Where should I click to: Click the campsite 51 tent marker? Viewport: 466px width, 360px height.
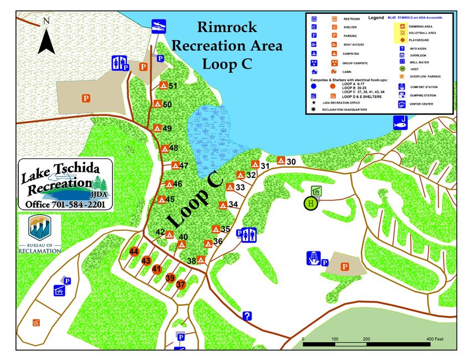click(x=163, y=85)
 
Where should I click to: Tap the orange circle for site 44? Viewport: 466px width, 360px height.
click(x=134, y=252)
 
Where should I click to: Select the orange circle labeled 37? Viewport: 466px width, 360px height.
click(x=181, y=284)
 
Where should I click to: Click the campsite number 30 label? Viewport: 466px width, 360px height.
click(x=292, y=162)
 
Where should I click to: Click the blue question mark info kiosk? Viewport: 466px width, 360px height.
click(x=247, y=316)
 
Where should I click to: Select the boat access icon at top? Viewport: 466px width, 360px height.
click(x=158, y=25)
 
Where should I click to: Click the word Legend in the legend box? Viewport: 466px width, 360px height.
click(x=376, y=18)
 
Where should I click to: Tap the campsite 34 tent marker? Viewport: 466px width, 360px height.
click(x=223, y=205)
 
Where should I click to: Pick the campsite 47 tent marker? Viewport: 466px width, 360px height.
click(x=175, y=165)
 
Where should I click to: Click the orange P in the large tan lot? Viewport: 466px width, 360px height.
click(x=86, y=99)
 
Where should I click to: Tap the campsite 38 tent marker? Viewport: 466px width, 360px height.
click(x=201, y=259)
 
